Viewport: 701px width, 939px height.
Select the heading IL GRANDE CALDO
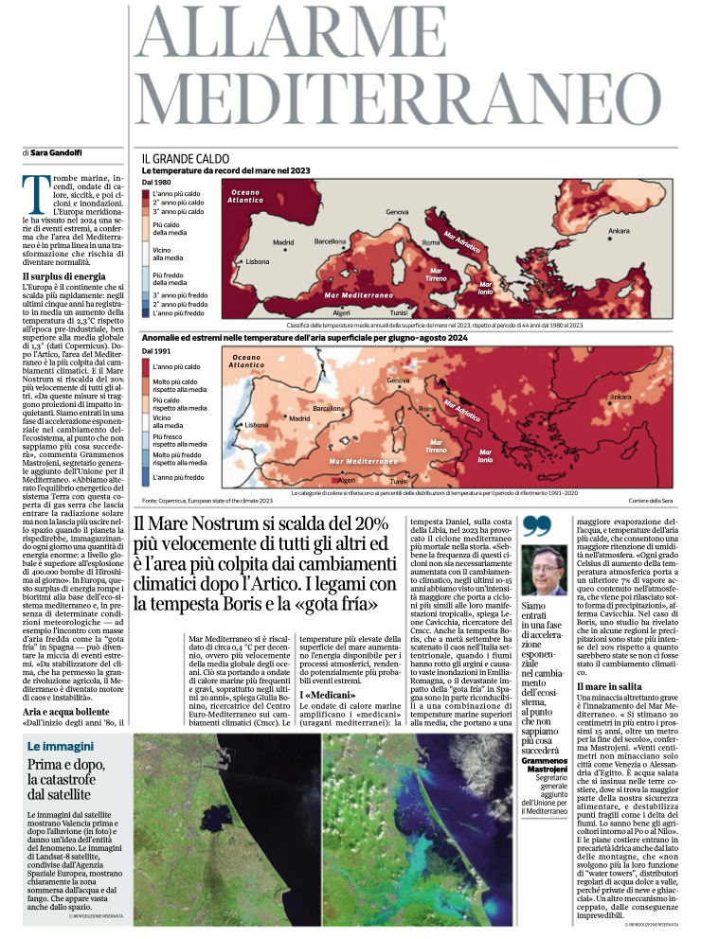click(186, 158)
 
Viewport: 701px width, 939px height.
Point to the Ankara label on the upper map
click(619, 231)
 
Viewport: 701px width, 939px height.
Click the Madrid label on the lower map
click(300, 417)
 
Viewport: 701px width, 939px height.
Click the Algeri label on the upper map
click(342, 311)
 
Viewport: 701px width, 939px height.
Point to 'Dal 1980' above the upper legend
click(156, 181)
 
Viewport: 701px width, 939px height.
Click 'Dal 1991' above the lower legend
click(156, 351)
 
